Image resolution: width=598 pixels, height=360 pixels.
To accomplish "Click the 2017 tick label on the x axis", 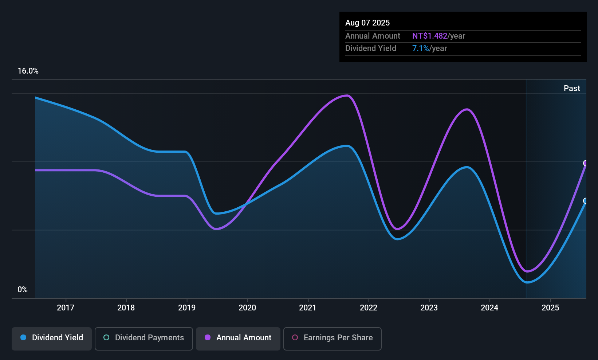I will tap(66, 308).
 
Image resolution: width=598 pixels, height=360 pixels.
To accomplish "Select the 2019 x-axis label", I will tap(187, 308).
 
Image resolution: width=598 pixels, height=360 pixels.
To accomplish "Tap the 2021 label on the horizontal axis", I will tap(308, 308).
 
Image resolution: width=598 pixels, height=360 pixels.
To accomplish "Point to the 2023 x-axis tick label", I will tap(429, 308).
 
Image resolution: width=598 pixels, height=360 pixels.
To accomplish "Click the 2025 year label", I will tap(550, 308).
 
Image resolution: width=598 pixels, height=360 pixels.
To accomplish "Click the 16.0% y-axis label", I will tap(28, 71).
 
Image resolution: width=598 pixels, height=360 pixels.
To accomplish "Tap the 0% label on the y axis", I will tap(23, 290).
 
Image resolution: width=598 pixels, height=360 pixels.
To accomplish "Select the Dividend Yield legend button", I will tap(52, 338).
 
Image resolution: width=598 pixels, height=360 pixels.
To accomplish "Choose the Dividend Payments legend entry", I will tap(144, 338).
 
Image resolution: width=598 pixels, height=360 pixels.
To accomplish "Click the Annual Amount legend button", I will tap(238, 338).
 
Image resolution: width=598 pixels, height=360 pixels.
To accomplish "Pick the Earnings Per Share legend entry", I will tap(332, 338).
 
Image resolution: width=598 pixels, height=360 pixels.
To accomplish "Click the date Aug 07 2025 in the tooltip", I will tap(367, 23).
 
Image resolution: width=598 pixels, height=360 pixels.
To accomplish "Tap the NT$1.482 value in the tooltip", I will tap(429, 36).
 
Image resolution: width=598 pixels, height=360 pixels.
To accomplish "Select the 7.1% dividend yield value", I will tap(420, 48).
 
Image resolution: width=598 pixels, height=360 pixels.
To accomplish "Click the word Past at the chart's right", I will tap(572, 89).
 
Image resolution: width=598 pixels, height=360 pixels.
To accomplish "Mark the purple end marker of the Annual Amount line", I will tap(586, 163).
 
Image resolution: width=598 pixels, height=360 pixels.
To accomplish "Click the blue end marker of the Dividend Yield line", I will tap(586, 201).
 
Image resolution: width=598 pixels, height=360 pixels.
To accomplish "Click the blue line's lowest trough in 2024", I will tap(527, 282).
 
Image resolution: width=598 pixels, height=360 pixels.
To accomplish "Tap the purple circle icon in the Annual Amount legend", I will tap(208, 338).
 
